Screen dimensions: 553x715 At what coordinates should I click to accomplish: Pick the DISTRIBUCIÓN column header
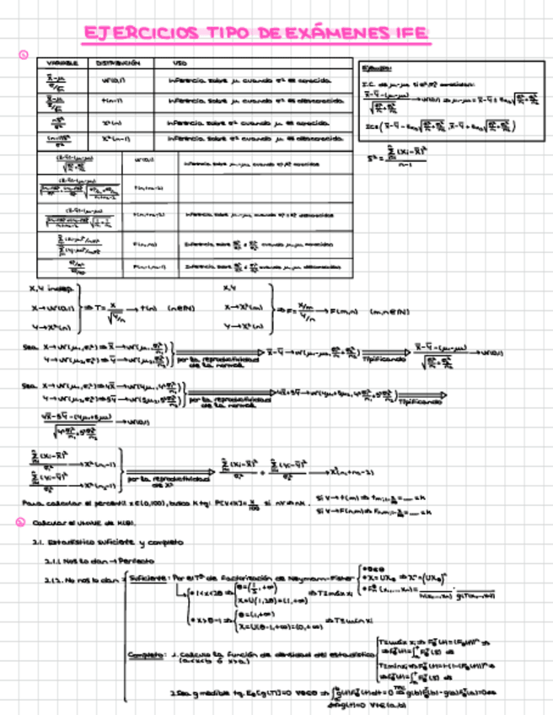[118, 63]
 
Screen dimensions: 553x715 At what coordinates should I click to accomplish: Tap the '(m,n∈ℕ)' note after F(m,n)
[389, 311]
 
